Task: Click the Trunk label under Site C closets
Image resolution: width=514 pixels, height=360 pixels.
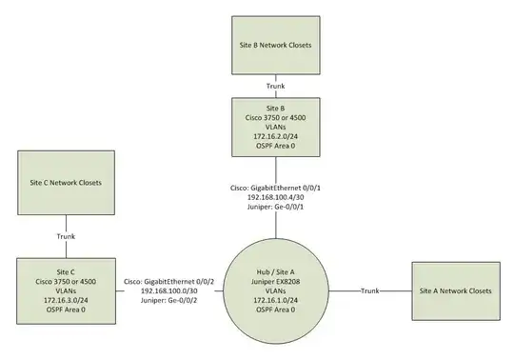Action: coord(62,235)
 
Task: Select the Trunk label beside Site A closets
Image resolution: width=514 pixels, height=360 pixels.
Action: coord(372,290)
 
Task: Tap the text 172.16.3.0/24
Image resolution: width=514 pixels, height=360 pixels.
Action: coord(62,298)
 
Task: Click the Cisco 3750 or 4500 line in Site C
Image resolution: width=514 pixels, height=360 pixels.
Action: coord(62,276)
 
